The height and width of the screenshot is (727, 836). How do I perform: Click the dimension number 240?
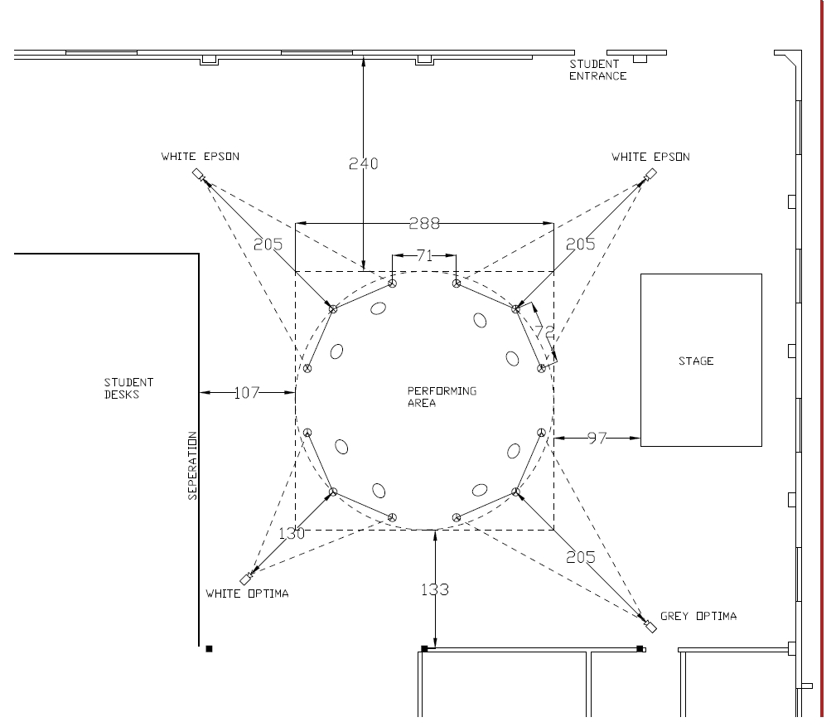363,163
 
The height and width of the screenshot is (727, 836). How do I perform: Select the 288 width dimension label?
424,223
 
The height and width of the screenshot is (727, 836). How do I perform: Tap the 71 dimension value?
424,256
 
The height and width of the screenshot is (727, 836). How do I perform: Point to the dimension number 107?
246,393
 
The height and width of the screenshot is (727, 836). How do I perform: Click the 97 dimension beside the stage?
597,438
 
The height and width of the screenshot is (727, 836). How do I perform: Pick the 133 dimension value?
435,589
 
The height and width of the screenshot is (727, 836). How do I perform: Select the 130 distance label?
292,533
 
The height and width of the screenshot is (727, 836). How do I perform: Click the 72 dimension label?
544,332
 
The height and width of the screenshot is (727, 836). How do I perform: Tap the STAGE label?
696,361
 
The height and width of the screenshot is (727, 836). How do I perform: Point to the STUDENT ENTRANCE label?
597,70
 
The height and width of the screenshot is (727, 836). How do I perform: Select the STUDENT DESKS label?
128,389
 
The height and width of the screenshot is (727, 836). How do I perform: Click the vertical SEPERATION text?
192,465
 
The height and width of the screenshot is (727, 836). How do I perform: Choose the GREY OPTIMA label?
698,616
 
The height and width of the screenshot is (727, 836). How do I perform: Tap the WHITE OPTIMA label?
248,594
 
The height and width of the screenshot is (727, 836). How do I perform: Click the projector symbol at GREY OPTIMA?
650,627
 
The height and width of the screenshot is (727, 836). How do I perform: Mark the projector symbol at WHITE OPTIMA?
246,579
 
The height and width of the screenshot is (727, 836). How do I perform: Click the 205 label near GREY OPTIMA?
580,557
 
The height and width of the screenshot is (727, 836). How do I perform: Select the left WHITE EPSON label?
200,157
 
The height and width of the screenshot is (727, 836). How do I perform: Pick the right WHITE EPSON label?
650,157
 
